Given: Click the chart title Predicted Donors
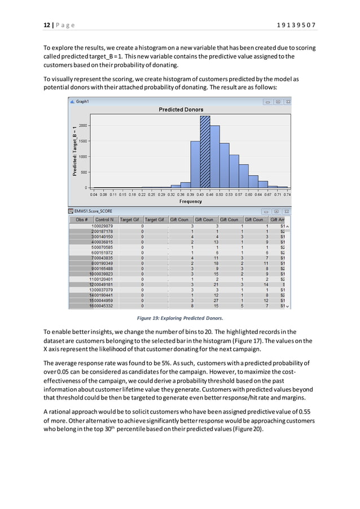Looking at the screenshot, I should [x=181, y=109].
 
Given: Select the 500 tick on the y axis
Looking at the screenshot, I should [x=84, y=172].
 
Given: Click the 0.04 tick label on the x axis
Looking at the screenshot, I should [x=94, y=194].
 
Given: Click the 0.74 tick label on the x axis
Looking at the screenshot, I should [x=287, y=194].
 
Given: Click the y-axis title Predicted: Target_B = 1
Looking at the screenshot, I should [x=74, y=151].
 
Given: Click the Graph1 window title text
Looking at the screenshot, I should [x=82, y=102].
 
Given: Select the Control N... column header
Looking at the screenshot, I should [x=106, y=220].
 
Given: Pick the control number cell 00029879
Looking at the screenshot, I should [x=103, y=226].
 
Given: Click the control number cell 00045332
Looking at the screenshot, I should [x=103, y=306].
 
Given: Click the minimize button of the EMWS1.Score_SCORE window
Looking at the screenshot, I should [x=268, y=211].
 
